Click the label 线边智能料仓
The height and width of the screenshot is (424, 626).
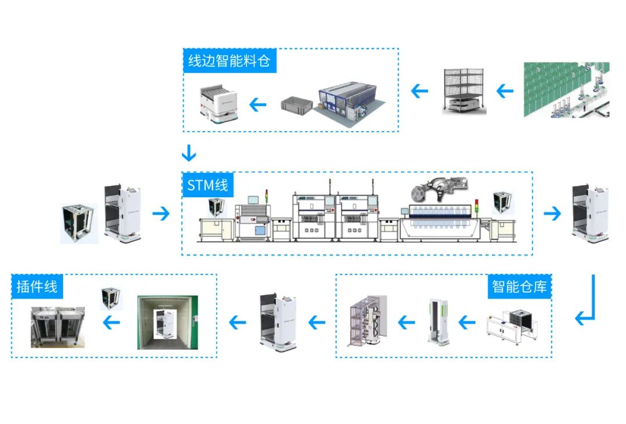coord(230,61)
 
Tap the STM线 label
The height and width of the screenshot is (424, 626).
coord(208,186)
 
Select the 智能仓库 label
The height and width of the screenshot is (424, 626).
coord(519,286)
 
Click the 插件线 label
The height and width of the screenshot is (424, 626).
coord(37,286)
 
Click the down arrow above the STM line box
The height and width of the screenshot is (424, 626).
coord(189,154)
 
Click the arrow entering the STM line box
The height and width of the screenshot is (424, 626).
coord(162,213)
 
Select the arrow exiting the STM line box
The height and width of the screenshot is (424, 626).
coord(552,213)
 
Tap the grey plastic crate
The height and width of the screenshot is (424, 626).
coord(296,104)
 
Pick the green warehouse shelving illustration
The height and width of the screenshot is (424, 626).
coord(566,89)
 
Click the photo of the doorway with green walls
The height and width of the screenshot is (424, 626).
coord(168,322)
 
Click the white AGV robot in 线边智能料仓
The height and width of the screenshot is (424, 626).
coord(220,103)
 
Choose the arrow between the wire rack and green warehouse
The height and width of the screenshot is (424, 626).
coord(505,91)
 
